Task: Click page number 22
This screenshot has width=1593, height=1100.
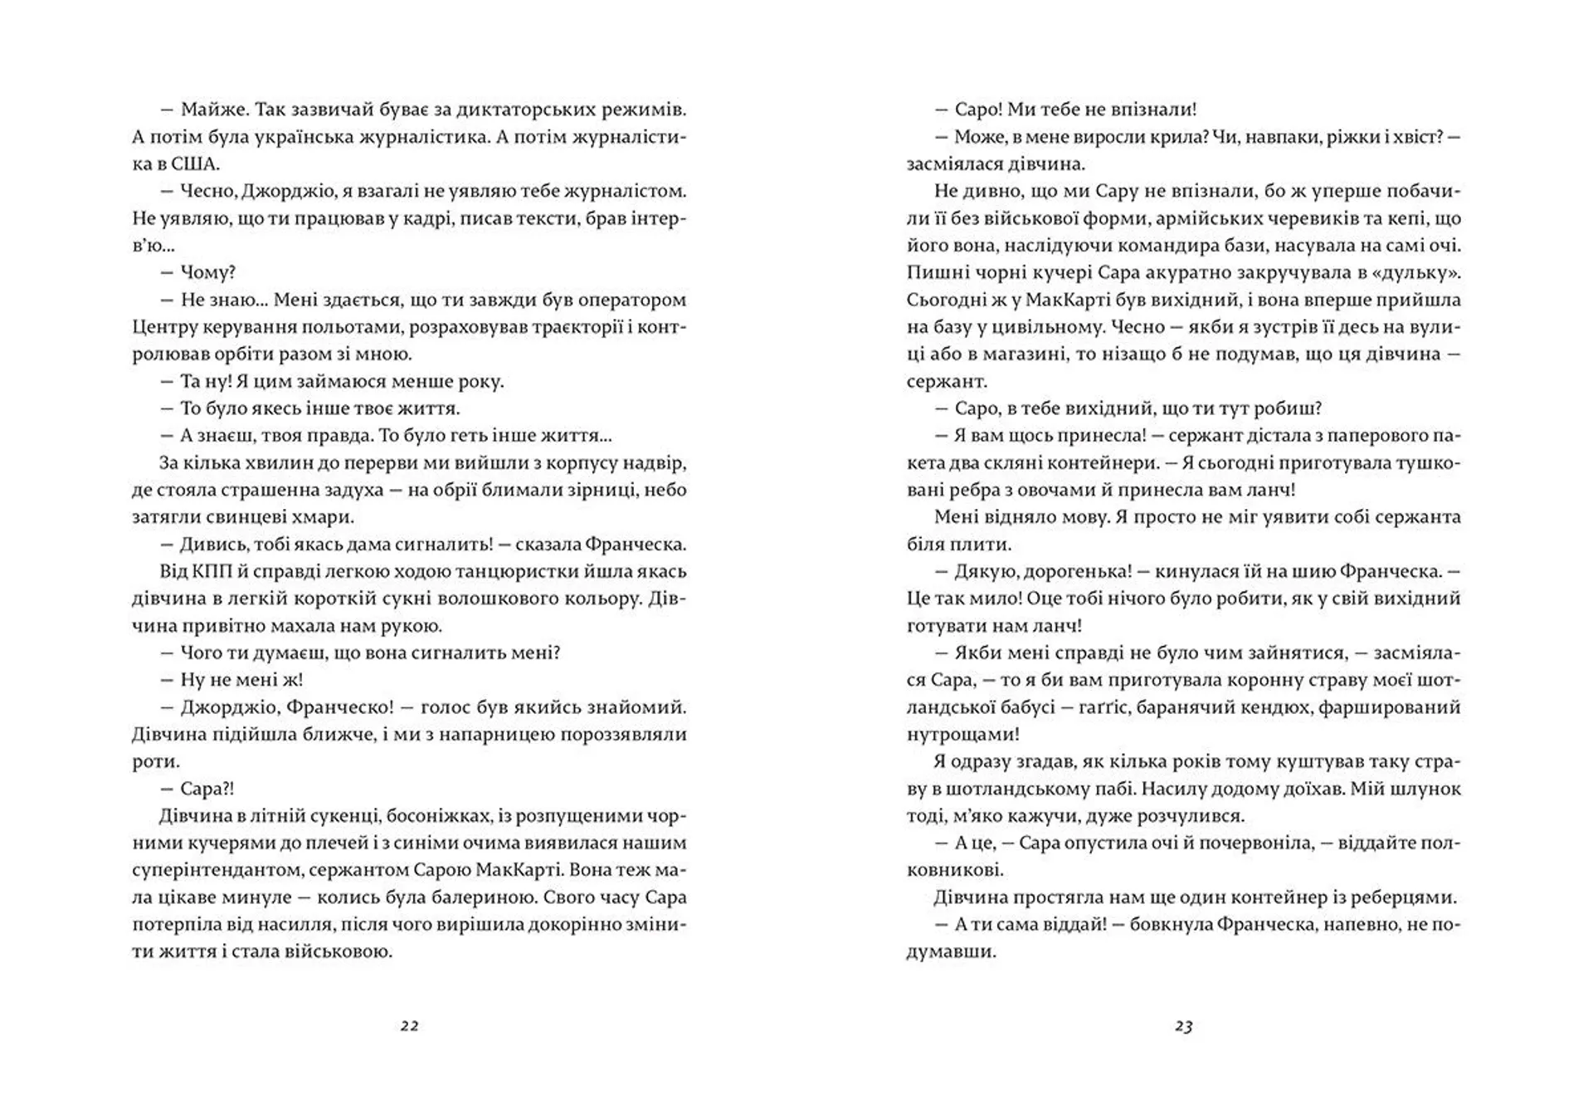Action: (409, 1025)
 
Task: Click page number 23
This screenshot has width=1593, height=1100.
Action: (1183, 1025)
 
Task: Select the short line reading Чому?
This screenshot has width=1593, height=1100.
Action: (208, 272)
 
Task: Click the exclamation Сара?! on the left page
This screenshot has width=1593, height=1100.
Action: (207, 788)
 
